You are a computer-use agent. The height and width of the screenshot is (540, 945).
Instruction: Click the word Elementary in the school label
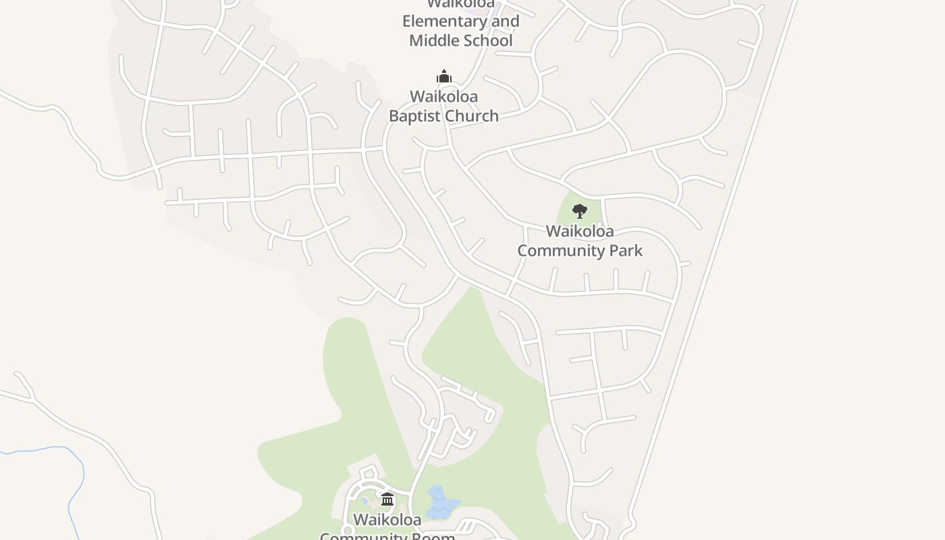tap(443, 21)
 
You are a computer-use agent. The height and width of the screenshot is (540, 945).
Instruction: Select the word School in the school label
tap(487, 40)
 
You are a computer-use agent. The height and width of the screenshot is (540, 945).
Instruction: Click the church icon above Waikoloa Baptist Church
tap(443, 76)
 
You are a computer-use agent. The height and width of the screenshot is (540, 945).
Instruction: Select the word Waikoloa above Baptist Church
tap(443, 97)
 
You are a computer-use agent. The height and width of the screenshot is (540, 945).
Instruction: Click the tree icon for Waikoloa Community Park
tap(579, 211)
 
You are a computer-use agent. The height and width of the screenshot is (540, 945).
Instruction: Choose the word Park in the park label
tap(626, 251)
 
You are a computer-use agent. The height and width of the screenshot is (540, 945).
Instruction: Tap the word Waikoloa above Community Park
tap(580, 232)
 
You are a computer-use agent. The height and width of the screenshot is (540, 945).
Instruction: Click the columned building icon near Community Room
tap(387, 500)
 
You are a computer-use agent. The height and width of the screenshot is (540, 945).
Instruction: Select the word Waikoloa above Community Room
tap(387, 520)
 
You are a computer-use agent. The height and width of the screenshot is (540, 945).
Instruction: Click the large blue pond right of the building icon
tap(440, 503)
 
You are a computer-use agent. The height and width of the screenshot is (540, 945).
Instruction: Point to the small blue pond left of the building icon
tap(364, 502)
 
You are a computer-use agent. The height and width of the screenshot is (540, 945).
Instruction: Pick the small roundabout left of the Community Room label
tap(348, 531)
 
